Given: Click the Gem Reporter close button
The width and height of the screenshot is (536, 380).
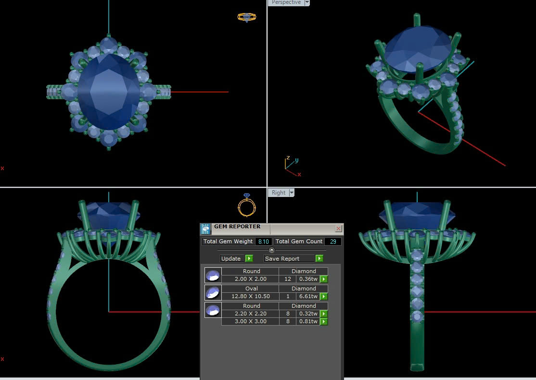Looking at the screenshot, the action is tap(338, 228).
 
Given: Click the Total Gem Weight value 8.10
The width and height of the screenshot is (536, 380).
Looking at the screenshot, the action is tap(264, 241).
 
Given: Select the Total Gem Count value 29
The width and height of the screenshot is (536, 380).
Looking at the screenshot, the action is tap(333, 241).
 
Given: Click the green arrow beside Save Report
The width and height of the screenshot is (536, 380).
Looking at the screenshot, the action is tap(319, 259).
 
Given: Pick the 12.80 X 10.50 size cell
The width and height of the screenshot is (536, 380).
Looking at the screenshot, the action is tap(251, 296).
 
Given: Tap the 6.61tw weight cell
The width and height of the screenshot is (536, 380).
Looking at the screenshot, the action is tap(308, 296).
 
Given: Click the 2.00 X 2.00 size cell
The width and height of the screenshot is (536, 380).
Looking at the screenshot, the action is tap(251, 279).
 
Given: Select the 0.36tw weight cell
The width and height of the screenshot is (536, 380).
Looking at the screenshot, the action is tap(308, 279).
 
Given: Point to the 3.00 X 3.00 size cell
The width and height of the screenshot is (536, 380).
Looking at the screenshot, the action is tap(251, 322).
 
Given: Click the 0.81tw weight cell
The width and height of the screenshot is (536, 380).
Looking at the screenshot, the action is tap(308, 322).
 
